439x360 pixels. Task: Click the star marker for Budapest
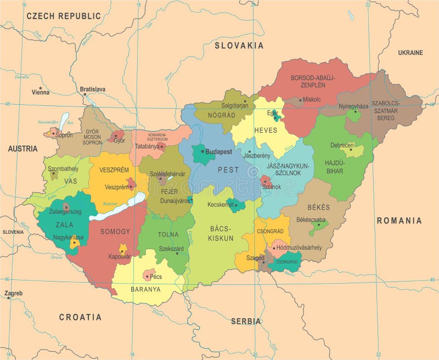click(x=202, y=151)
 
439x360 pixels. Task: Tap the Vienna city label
click(x=41, y=92)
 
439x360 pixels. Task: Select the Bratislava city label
click(x=93, y=89)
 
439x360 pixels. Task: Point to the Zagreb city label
click(x=14, y=293)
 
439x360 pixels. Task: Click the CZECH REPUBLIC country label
click(x=64, y=16)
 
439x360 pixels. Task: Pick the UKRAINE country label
click(x=410, y=53)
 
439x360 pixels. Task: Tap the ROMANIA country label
click(x=399, y=221)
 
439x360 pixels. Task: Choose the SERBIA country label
click(x=246, y=321)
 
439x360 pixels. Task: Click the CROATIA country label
click(x=80, y=317)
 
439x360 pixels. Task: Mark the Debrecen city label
click(x=342, y=145)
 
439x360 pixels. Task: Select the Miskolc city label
click(x=312, y=100)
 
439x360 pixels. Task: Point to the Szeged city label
click(x=254, y=257)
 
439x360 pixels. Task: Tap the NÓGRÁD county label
click(x=222, y=115)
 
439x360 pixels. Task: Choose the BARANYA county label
click(x=145, y=289)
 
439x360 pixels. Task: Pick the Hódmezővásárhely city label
click(x=299, y=248)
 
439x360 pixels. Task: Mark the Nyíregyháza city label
click(x=354, y=106)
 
